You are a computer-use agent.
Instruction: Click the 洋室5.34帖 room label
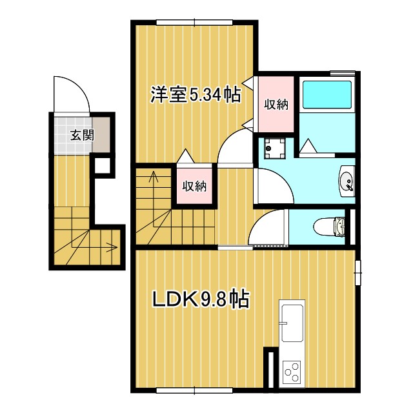(x=196, y=96)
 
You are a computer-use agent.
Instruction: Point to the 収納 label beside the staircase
(x=194, y=186)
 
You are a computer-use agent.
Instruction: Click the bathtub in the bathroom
(x=327, y=95)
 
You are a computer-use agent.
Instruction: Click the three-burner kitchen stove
(x=292, y=371)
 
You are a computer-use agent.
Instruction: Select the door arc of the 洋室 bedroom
(x=232, y=148)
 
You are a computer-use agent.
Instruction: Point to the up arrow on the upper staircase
(x=154, y=177)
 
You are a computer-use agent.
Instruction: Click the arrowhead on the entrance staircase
(x=114, y=246)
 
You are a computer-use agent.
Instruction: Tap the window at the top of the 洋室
(x=194, y=23)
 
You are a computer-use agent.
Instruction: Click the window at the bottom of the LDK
(x=194, y=390)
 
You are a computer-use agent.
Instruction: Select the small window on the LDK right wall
(x=357, y=271)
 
